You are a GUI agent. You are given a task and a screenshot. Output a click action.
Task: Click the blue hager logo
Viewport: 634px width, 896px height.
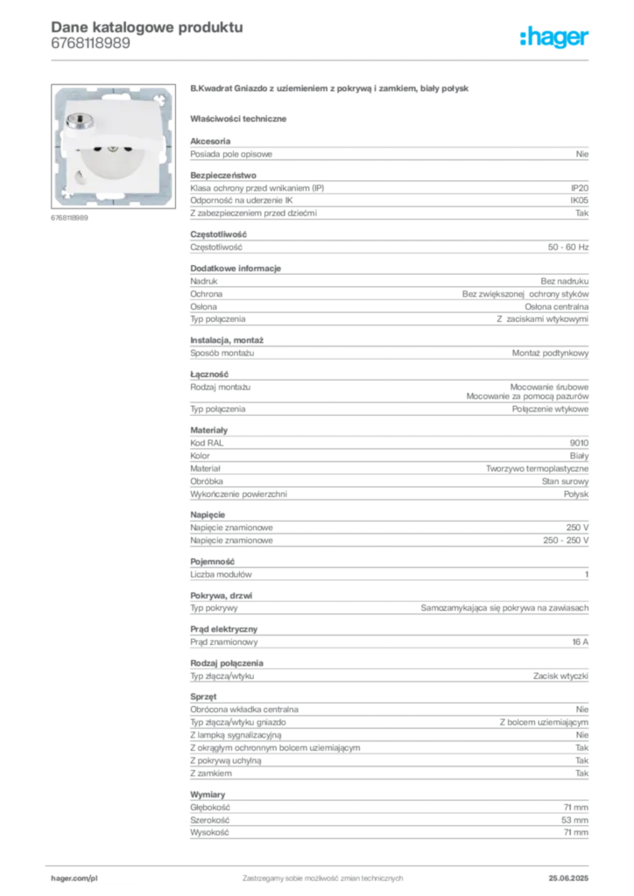coord(555,38)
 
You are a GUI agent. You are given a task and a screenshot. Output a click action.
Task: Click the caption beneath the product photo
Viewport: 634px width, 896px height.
coord(69,219)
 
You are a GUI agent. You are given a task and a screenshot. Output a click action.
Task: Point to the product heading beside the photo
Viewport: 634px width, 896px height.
coord(333,89)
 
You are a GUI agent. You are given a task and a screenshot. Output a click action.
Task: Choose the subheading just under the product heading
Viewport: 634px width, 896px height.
coord(242,117)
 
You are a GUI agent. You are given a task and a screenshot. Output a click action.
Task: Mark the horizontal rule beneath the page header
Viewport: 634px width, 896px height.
coord(322,59)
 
